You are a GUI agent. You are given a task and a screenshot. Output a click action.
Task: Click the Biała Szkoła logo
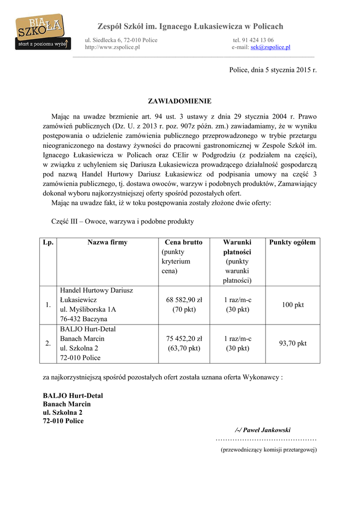[42, 33]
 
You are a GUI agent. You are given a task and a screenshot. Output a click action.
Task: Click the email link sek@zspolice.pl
[270, 47]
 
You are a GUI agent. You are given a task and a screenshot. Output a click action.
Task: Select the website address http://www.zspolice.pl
[112, 47]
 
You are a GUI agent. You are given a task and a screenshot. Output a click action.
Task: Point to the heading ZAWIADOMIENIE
[180, 101]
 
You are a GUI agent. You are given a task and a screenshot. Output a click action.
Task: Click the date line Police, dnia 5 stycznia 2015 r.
[273, 70]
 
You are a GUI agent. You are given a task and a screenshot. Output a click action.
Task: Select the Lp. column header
[48, 243]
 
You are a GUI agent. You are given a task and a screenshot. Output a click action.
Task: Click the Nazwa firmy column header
[107, 243]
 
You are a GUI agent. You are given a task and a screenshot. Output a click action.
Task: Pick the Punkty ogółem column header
[292, 243]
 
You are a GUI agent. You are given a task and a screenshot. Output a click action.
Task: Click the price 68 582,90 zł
[184, 300]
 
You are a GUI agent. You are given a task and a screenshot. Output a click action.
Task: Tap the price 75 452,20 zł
[184, 339]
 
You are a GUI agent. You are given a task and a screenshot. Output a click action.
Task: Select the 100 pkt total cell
[292, 305]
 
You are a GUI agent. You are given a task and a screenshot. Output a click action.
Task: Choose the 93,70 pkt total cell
[292, 343]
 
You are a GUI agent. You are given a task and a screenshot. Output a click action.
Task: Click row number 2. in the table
[48, 343]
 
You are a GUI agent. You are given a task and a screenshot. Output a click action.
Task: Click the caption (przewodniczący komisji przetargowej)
[269, 450]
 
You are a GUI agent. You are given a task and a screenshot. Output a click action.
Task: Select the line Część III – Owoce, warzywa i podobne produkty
[122, 221]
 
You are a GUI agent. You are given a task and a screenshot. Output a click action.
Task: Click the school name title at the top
[190, 26]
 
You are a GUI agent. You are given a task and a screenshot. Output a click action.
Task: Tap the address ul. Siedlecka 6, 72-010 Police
[121, 40]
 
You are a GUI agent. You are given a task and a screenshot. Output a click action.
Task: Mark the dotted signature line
[266, 440]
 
